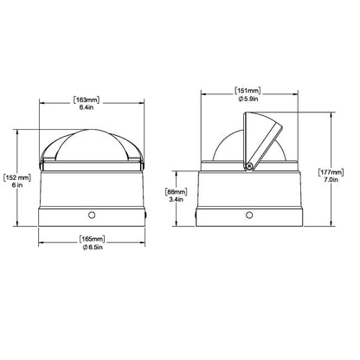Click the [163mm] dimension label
(x=87, y=100)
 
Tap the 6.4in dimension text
(x=87, y=107)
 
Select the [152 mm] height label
(x=17, y=177)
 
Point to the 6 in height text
(x=17, y=185)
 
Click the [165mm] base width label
(x=93, y=239)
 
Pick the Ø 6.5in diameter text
(x=93, y=247)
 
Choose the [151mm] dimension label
(x=247, y=91)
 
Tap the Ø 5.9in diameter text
(x=248, y=99)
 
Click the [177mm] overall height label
(x=331, y=172)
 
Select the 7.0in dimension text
(x=331, y=180)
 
